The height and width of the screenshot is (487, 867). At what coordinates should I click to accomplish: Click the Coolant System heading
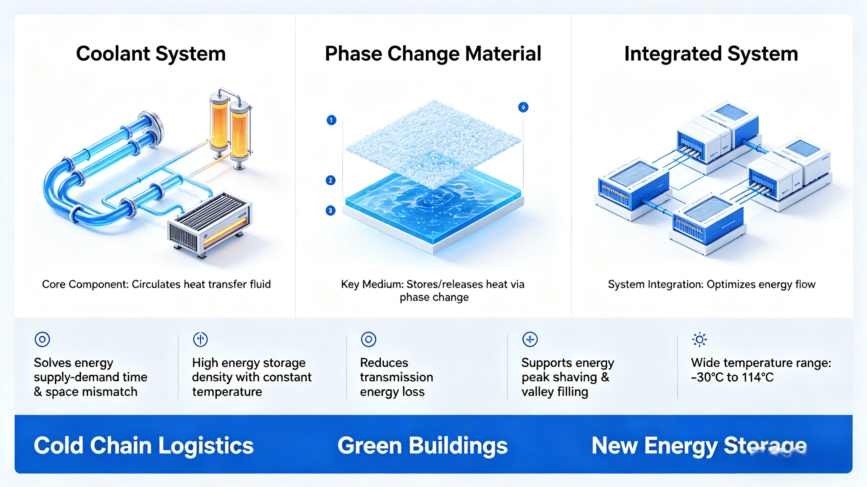(x=151, y=54)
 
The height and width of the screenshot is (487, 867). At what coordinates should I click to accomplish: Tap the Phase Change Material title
(x=433, y=54)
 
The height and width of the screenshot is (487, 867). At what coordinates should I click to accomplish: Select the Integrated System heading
(x=711, y=54)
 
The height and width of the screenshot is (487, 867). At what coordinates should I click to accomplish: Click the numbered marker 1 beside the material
(x=331, y=120)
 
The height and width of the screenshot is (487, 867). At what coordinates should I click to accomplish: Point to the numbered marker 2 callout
(x=331, y=180)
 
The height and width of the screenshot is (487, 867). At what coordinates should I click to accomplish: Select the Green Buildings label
(x=422, y=445)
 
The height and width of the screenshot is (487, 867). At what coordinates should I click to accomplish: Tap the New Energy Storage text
(x=699, y=445)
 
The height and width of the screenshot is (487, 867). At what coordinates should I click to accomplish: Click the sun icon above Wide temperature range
(x=699, y=339)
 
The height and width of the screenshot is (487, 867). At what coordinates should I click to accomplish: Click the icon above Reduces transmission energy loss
(x=368, y=339)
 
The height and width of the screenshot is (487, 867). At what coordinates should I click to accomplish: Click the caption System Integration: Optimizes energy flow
(x=711, y=284)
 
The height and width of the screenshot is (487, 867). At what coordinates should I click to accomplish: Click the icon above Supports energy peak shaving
(x=530, y=339)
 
